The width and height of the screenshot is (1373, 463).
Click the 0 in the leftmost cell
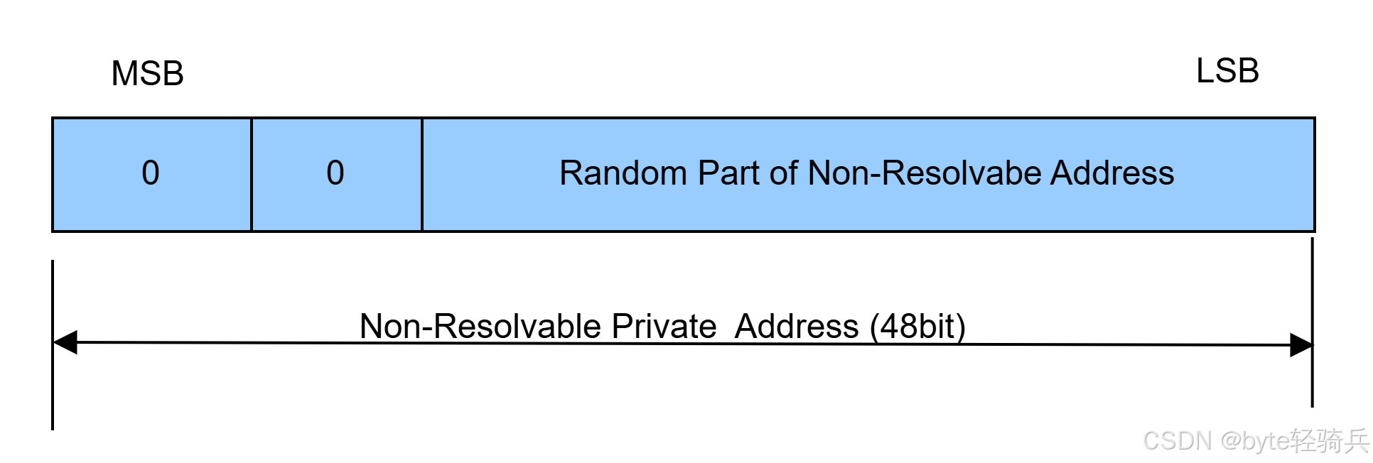tap(151, 173)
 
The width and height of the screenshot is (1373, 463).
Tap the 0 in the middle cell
tap(335, 173)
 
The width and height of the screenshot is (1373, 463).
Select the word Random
tap(623, 173)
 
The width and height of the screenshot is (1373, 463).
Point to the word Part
tap(729, 173)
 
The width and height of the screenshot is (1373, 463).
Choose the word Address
tap(1112, 173)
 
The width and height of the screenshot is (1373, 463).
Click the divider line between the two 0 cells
tap(252, 175)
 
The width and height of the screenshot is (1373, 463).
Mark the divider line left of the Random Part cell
tap(422, 175)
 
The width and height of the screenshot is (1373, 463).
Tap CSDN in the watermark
tap(1176, 440)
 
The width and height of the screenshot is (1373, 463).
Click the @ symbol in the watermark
tap(1230, 440)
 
